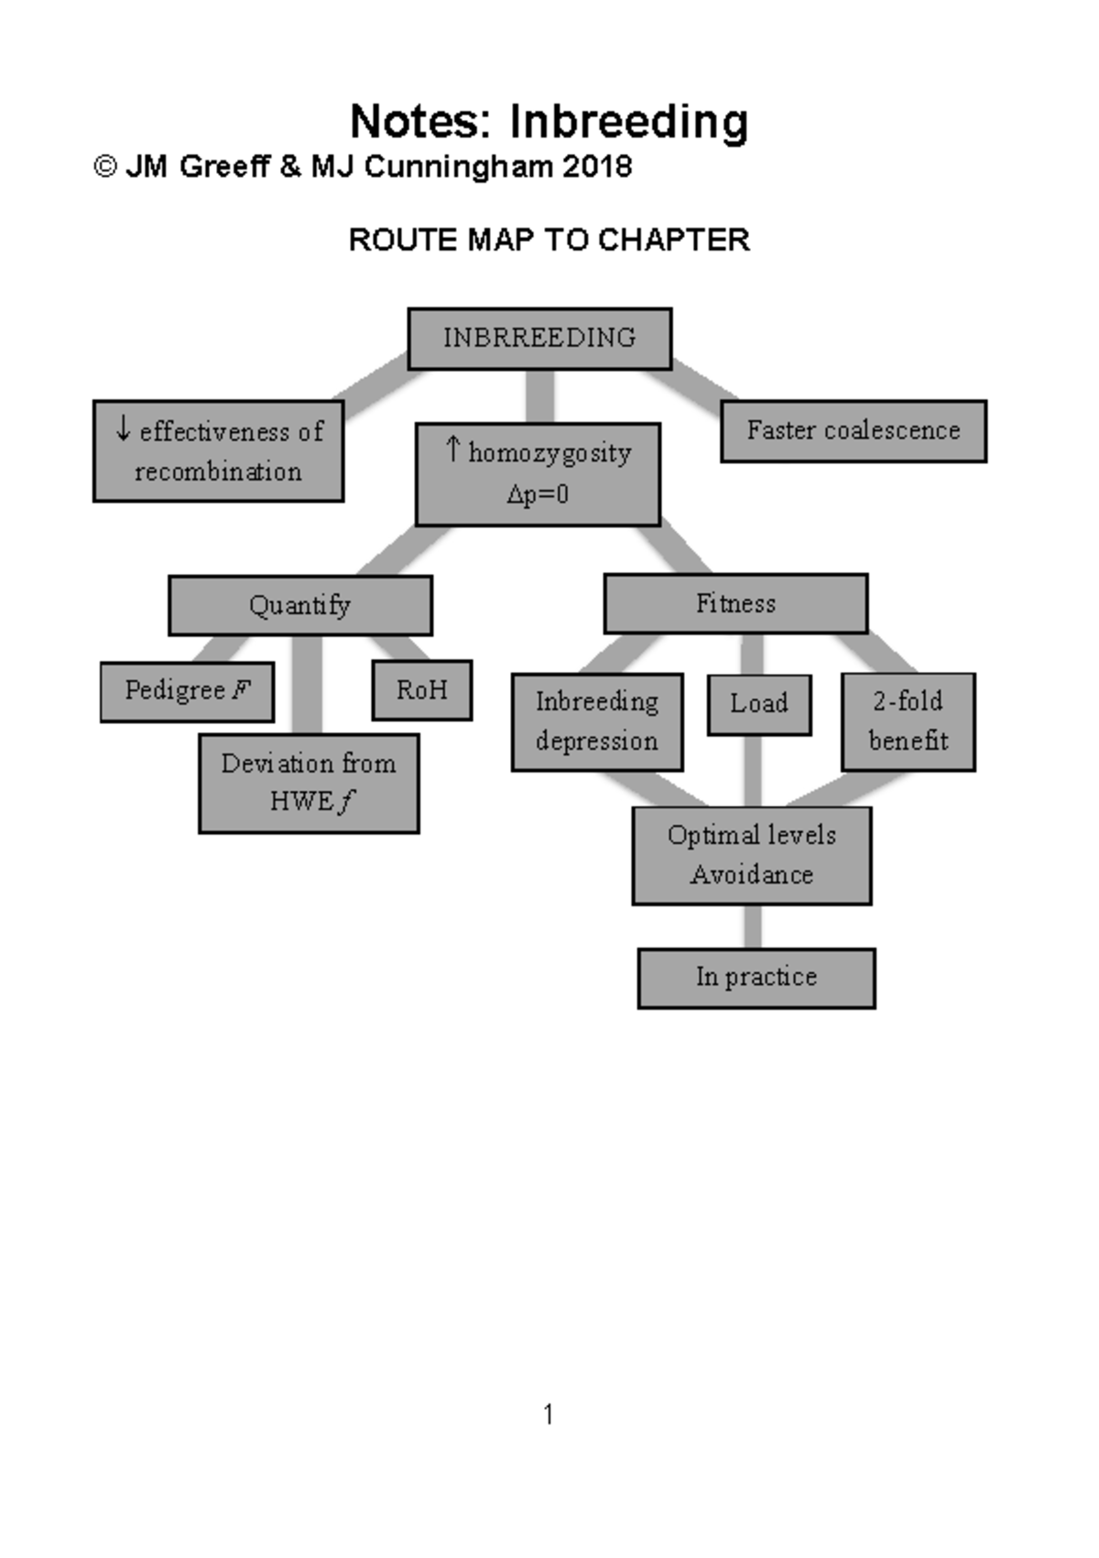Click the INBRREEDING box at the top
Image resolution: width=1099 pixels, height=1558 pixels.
539,339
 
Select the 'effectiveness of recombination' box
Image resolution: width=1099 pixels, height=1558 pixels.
218,450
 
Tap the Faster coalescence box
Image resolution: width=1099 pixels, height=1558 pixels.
853,430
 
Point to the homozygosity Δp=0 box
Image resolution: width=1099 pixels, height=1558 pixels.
538,474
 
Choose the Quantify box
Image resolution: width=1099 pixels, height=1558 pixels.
299,605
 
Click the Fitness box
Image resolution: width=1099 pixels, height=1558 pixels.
735,603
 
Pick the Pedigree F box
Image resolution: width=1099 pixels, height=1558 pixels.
187,691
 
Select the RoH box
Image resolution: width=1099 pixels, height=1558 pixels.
421,689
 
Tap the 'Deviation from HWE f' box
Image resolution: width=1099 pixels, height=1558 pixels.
309,783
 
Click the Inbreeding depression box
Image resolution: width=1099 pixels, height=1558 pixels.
596,721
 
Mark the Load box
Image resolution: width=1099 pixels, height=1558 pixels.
758,704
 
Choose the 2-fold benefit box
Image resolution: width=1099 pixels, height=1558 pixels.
908,721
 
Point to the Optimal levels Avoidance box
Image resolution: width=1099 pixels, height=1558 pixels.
751,855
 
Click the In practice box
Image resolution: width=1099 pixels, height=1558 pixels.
756,978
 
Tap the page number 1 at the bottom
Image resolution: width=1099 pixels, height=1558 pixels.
548,1415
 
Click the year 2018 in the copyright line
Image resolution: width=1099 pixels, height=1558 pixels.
597,167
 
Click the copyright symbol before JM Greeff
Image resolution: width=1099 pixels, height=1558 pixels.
105,167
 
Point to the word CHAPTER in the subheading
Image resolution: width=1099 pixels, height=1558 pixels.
674,240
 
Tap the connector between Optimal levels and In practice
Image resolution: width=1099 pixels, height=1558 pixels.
753,926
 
